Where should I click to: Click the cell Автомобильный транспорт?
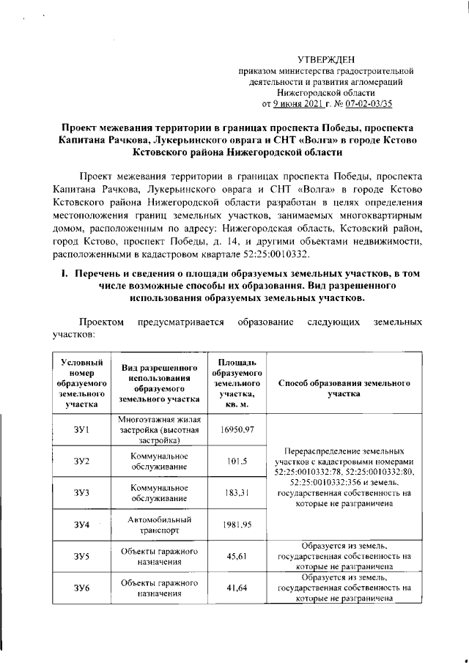159,525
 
